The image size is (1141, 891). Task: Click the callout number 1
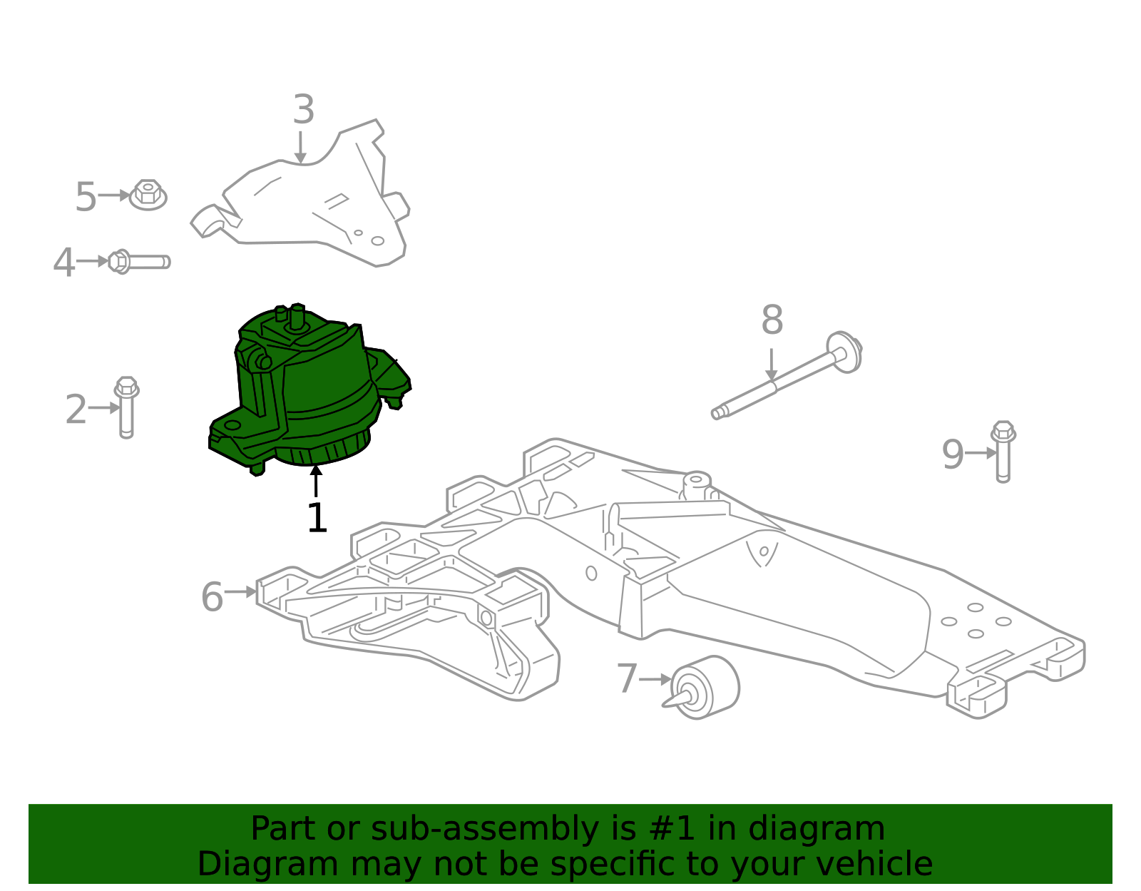[317, 519]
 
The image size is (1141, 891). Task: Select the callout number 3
[304, 111]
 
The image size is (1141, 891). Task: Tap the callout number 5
[86, 197]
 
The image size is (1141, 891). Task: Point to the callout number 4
[64, 263]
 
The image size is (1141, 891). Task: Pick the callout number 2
[76, 409]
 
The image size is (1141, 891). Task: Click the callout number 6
[212, 596]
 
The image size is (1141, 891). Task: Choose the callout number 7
[626, 678]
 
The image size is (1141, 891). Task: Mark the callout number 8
[772, 320]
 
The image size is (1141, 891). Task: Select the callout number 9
[953, 454]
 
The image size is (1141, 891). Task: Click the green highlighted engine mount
[314, 392]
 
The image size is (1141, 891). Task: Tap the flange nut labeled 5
[148, 195]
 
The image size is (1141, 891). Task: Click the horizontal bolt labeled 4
[139, 262]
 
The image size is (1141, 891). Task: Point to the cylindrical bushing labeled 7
[706, 687]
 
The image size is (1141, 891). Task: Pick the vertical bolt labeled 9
[1003, 452]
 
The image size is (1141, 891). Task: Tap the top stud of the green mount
[297, 315]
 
